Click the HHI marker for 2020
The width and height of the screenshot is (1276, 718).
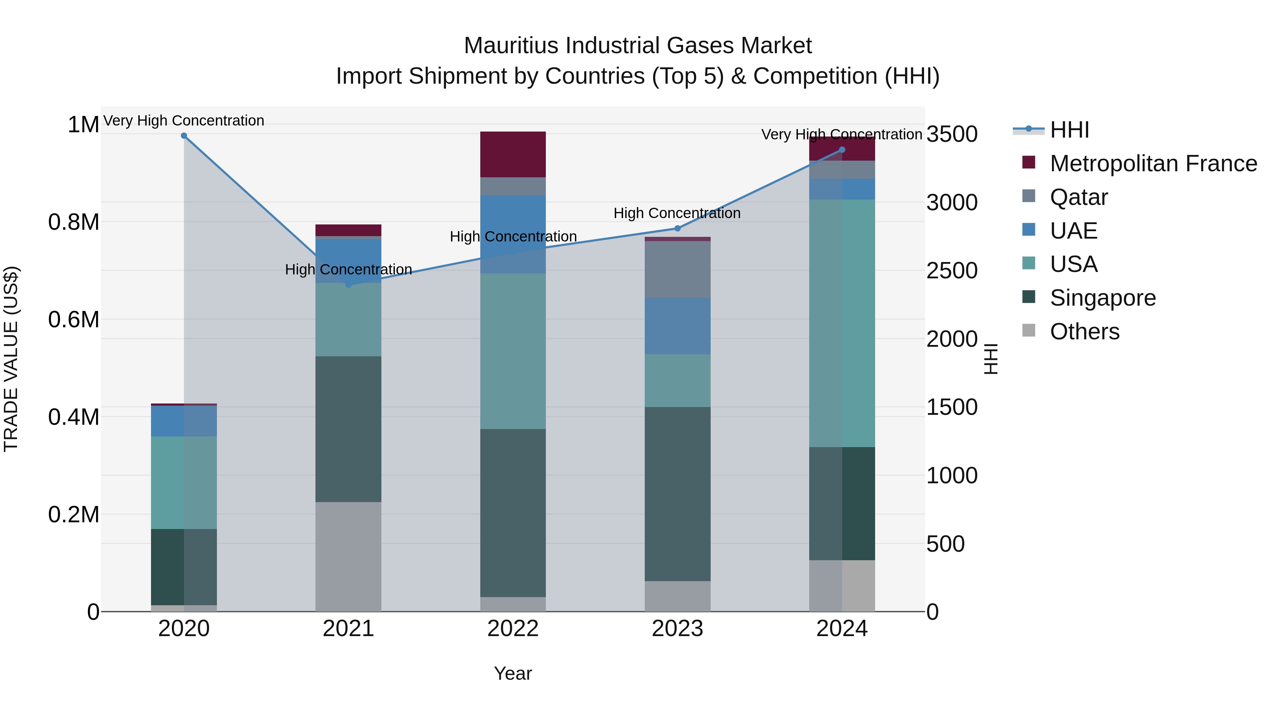click(184, 136)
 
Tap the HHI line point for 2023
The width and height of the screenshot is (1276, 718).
click(678, 228)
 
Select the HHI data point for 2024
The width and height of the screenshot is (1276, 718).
click(842, 150)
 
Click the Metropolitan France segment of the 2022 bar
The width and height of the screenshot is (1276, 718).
click(513, 154)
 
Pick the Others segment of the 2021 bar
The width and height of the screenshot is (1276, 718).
click(348, 556)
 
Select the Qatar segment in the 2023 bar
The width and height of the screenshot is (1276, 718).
click(678, 269)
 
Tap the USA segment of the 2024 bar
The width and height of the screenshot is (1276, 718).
click(842, 323)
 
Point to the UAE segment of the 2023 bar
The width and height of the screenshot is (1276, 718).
click(678, 325)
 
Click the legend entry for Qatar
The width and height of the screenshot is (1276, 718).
click(1078, 197)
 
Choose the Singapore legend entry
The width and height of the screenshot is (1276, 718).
click(1103, 298)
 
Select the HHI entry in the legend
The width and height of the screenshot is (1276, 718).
click(1069, 130)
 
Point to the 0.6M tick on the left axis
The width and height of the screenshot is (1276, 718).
click(74, 319)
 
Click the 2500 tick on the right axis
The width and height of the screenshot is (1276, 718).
click(952, 271)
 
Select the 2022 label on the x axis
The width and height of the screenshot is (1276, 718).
click(513, 629)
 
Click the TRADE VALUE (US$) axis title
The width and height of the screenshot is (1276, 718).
click(11, 359)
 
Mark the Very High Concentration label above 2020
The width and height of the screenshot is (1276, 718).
click(184, 121)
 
